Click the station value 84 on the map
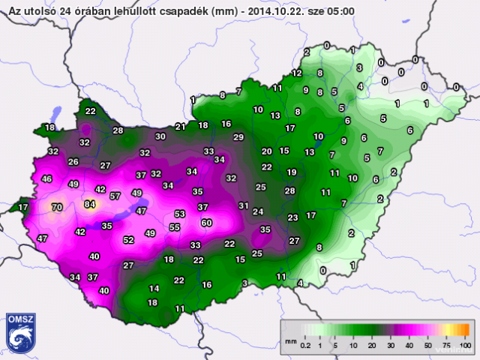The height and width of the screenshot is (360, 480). [x=90, y=204]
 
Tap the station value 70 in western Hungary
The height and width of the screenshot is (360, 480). [x=56, y=207]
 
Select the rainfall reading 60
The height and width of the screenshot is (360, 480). [x=207, y=223]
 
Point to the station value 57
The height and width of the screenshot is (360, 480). [x=115, y=196]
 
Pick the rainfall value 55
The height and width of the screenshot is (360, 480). [x=175, y=227]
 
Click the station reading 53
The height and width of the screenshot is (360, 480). [x=179, y=214]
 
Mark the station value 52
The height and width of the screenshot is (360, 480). [x=128, y=240]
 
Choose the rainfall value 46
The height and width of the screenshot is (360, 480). [x=47, y=179]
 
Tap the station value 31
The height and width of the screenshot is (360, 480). [x=243, y=205]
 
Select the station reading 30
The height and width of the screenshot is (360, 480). [x=160, y=136]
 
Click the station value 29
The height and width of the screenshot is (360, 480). [x=238, y=137]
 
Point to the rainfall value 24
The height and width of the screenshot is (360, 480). [x=257, y=212]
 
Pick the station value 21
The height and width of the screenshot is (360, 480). [x=180, y=127]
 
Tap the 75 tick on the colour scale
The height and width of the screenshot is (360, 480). [x=447, y=345]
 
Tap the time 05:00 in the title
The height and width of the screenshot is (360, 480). [x=342, y=11]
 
